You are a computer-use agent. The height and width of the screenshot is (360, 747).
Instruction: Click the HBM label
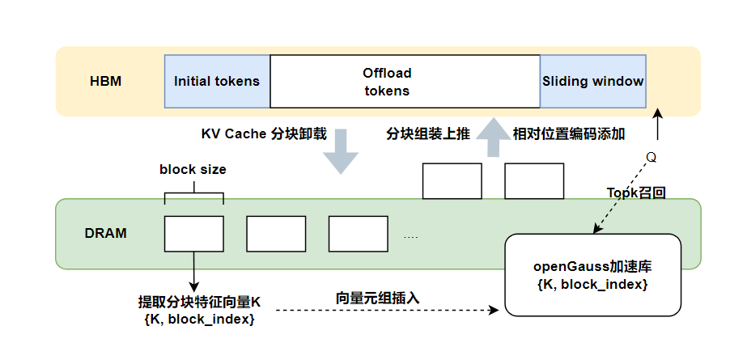(x=105, y=81)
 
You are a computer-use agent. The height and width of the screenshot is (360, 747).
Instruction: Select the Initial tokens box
(x=217, y=81)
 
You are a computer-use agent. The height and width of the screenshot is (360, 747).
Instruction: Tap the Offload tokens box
(x=405, y=81)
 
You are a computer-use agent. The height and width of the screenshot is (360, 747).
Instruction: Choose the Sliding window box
(x=592, y=81)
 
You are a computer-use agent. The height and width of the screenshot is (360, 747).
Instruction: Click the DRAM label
(x=106, y=233)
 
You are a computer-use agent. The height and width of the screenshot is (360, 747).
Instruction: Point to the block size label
(x=193, y=170)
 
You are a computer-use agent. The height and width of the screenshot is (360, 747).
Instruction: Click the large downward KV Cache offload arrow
(x=342, y=150)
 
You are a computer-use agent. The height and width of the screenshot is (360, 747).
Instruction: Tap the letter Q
(x=650, y=156)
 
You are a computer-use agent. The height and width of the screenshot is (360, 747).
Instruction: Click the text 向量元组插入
(x=378, y=298)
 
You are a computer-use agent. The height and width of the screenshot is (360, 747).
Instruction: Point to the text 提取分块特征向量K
(x=199, y=303)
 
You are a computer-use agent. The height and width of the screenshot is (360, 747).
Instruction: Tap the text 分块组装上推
(x=427, y=134)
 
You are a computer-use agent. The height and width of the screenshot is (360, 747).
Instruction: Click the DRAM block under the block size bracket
(x=194, y=234)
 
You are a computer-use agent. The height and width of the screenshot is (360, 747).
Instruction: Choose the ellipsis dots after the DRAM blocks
(x=410, y=237)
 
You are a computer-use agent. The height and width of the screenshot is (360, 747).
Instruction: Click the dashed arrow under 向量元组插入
(x=388, y=310)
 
